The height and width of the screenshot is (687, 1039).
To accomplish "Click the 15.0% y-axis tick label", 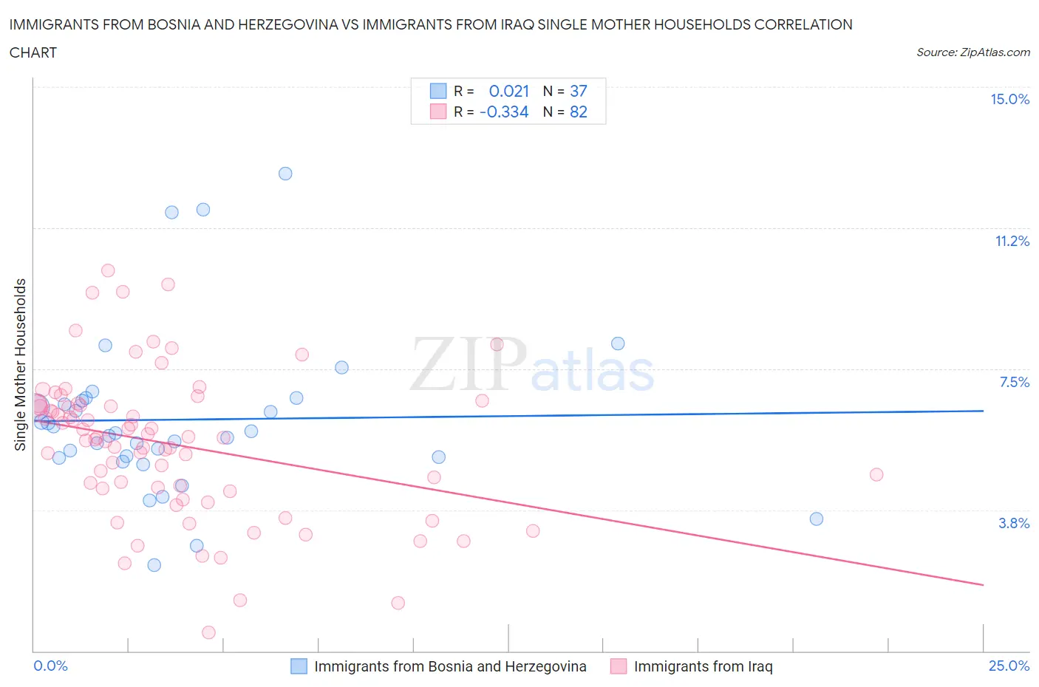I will pos(1009,100).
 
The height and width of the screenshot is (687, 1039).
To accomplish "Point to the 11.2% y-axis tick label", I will pos(1012,242).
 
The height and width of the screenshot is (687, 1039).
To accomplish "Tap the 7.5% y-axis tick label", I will pos(1014,383).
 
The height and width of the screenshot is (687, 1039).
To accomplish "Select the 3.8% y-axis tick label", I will pos(1014,524).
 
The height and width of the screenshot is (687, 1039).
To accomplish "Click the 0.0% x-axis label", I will pos(51,666).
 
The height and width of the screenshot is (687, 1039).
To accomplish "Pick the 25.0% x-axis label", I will pos(1009,666).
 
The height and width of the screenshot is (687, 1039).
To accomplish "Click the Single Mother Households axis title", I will pos(21,364).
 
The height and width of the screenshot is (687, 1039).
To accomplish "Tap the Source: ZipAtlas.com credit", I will pos(972,52).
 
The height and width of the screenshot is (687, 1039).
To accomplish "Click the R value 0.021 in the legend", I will pos(508,92).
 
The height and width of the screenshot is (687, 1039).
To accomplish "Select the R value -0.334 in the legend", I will pos(504,112).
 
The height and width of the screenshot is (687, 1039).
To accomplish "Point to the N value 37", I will pos(578,92).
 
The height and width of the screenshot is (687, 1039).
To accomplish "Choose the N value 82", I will pos(578,112).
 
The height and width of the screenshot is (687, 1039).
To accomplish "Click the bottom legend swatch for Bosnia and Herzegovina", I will pos(299,666).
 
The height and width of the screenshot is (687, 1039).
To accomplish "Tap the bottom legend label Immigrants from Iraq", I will pos(703,666).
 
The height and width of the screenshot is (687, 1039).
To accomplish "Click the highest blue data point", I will pos(285,174).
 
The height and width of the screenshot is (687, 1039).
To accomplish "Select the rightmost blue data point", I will pos(817,519).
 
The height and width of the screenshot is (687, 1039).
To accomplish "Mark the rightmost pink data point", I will pos(876,475).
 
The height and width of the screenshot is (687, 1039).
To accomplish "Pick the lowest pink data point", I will pos(208,632).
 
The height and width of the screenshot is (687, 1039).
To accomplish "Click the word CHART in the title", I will pos(33,52).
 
